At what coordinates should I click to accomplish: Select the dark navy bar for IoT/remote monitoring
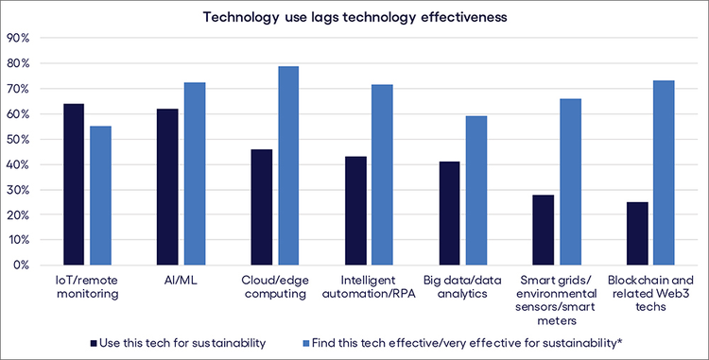[74, 184]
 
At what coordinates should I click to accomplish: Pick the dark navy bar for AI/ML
[167, 187]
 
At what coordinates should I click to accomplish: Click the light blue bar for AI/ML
[195, 174]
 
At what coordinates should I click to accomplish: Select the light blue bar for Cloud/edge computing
[287, 165]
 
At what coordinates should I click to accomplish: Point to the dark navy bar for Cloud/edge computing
[261, 207]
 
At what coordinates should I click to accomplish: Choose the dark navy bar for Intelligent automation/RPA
[354, 211]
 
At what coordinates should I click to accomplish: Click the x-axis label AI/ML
[181, 282]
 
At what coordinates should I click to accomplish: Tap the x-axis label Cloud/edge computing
[274, 287]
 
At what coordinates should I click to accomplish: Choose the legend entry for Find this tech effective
[463, 339]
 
